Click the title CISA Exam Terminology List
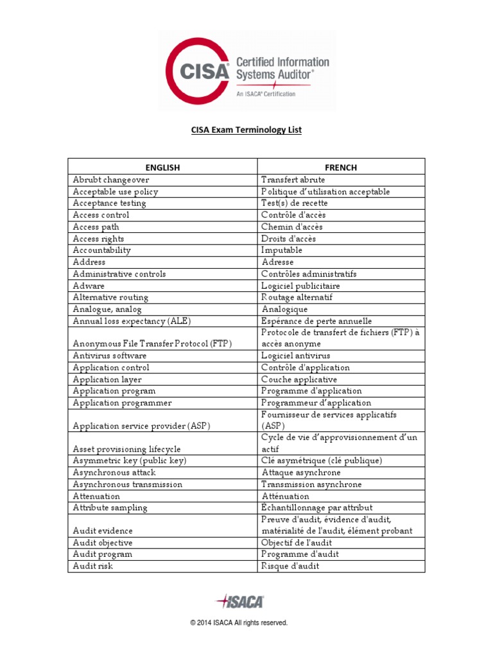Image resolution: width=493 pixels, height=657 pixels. [246, 130]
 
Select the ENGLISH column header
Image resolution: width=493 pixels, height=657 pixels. [162, 167]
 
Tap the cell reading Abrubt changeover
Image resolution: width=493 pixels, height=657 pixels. [111, 180]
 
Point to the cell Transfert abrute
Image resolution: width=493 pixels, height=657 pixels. [293, 180]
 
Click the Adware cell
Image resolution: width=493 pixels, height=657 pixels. [89, 286]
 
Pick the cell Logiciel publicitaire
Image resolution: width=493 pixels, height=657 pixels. [300, 286]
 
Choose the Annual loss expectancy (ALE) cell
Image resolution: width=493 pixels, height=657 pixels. [132, 321]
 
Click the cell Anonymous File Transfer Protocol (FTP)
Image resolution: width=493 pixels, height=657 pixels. [152, 344]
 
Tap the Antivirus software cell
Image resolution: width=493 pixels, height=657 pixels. [110, 355]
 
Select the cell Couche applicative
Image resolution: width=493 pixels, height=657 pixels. [299, 379]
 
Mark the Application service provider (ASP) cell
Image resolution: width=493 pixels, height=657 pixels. [142, 426]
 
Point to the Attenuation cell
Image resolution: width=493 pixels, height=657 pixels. [96, 496]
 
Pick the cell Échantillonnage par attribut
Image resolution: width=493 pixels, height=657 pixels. [316, 508]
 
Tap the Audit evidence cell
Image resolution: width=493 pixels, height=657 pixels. [103, 531]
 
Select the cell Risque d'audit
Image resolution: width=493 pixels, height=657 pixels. [290, 566]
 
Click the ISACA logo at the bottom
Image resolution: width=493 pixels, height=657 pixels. [240, 601]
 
